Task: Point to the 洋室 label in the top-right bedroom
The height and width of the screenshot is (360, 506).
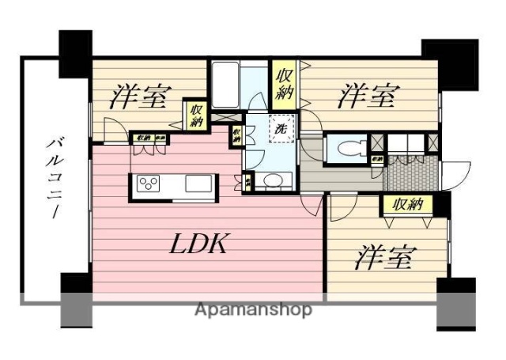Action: pyautogui.click(x=367, y=97)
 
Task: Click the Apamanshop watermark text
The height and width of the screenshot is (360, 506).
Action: pyautogui.click(x=253, y=309)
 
